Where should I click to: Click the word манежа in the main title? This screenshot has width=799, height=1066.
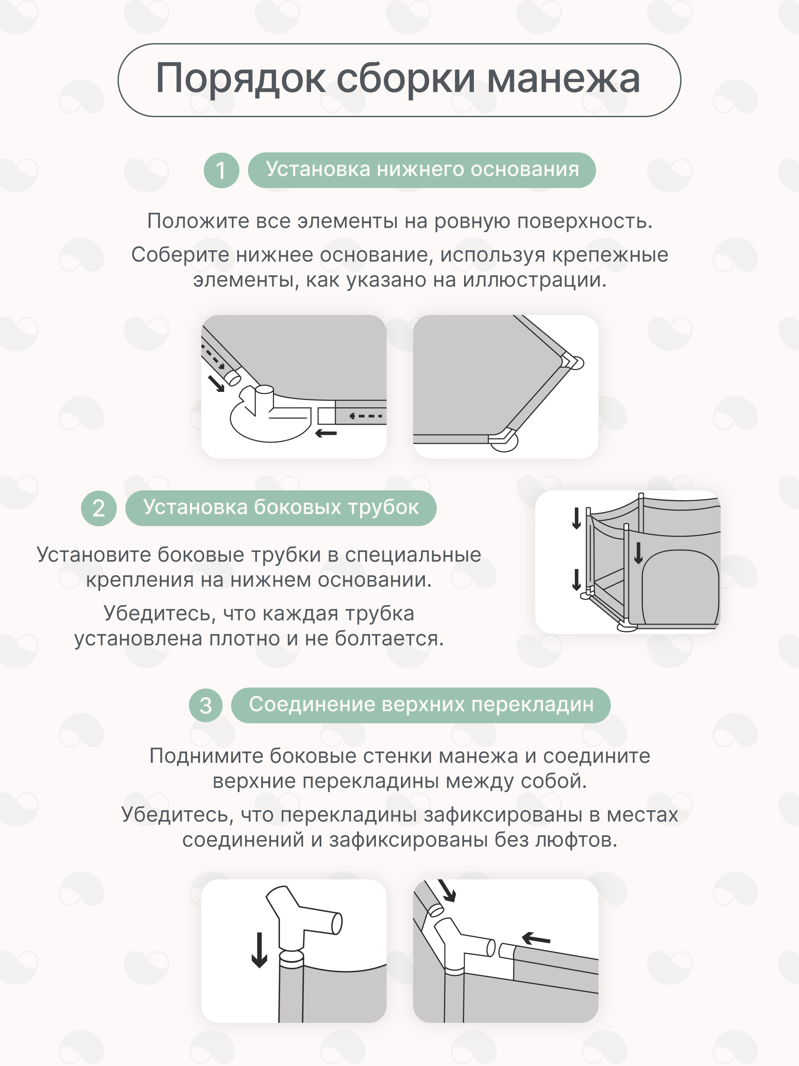(x=563, y=78)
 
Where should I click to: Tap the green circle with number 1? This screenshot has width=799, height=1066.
(x=221, y=170)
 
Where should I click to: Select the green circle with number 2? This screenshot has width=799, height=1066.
(x=99, y=508)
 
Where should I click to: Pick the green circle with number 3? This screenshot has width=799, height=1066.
(x=206, y=706)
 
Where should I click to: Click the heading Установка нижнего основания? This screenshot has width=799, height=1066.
(x=422, y=170)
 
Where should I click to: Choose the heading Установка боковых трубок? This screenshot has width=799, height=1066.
(x=281, y=507)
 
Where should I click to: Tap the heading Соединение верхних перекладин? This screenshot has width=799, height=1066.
(x=421, y=704)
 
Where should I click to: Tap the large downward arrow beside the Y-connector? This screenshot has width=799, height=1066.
(x=260, y=950)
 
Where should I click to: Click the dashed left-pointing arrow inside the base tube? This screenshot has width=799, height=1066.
(x=366, y=416)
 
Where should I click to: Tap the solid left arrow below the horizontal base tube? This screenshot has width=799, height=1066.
(x=326, y=433)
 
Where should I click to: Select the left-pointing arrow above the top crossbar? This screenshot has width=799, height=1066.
(x=536, y=938)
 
